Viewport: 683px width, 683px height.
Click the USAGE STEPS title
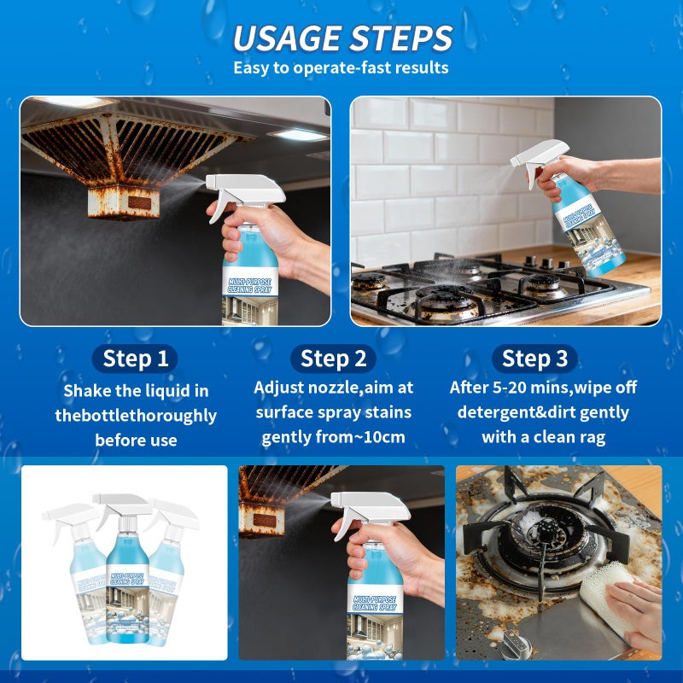click(x=341, y=38)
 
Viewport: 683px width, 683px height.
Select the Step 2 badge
click(x=333, y=358)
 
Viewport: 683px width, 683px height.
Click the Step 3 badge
click(x=538, y=358)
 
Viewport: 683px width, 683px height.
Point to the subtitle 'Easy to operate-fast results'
click(x=341, y=67)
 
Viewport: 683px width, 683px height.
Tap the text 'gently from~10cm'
click(x=333, y=437)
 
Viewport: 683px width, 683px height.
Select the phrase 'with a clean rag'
click(x=543, y=437)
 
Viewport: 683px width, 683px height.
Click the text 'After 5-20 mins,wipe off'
click(x=543, y=388)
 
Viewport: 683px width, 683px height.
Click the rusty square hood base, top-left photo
click(x=125, y=202)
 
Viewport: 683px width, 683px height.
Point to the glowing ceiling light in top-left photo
click(x=299, y=135)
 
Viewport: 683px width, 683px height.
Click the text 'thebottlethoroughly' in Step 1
click(x=136, y=416)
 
